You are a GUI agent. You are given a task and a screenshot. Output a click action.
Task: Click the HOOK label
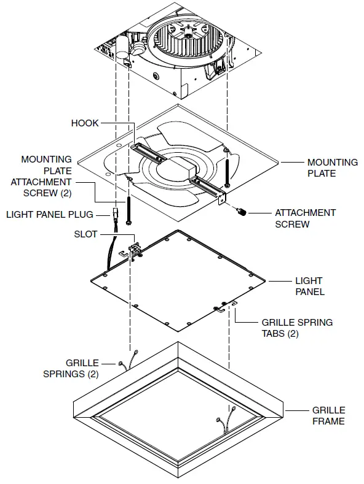tap(85, 123)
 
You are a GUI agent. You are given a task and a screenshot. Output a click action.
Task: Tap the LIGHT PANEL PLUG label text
tap(49, 215)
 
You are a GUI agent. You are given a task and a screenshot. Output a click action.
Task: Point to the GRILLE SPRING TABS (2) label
tap(297, 327)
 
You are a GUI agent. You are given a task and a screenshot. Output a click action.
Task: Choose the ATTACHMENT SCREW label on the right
tap(305, 218)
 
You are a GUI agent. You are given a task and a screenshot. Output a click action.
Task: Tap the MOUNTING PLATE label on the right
tap(333, 167)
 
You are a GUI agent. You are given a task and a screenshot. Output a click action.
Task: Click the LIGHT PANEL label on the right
tap(310, 286)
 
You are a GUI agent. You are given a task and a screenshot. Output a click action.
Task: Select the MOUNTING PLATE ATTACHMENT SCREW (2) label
tap(47, 176)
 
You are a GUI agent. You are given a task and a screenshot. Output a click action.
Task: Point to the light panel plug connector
tap(115, 214)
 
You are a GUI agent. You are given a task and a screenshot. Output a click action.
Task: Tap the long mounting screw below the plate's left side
tap(130, 209)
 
